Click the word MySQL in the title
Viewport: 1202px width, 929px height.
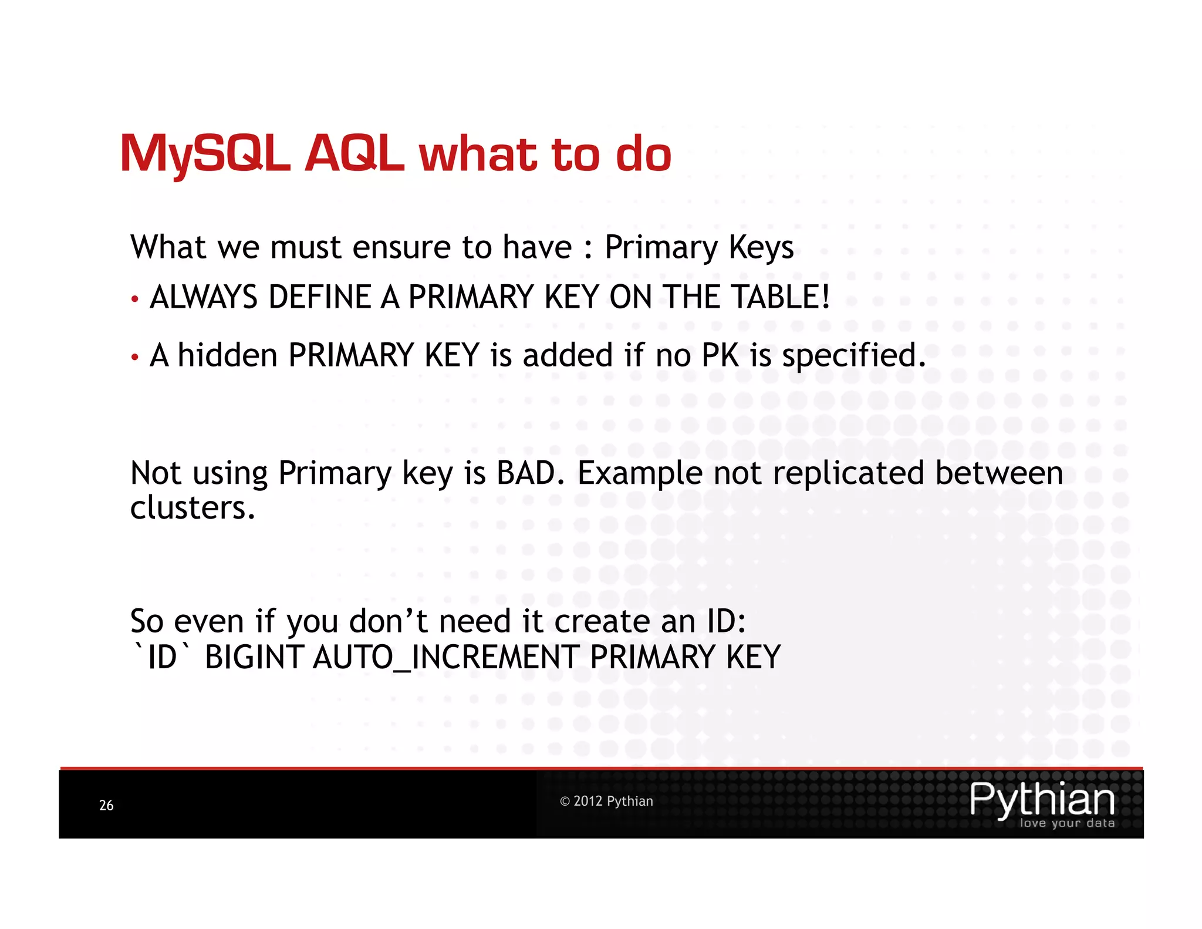tap(205, 154)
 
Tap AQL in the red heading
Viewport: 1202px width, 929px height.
tap(354, 154)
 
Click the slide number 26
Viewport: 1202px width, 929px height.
tap(106, 805)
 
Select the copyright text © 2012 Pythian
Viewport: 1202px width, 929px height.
tap(606, 801)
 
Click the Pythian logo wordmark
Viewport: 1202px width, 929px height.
tap(1042, 799)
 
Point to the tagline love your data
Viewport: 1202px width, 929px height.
tap(1067, 823)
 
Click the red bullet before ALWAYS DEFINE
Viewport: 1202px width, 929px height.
tap(135, 299)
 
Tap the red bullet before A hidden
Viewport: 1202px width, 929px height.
tap(135, 357)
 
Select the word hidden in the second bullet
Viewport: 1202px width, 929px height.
tap(227, 356)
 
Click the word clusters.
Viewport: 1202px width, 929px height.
tap(193, 507)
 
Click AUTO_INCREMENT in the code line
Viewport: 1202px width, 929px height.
tap(446, 657)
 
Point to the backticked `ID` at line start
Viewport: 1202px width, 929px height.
tap(161, 657)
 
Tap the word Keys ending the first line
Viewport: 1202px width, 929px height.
tap(761, 248)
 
